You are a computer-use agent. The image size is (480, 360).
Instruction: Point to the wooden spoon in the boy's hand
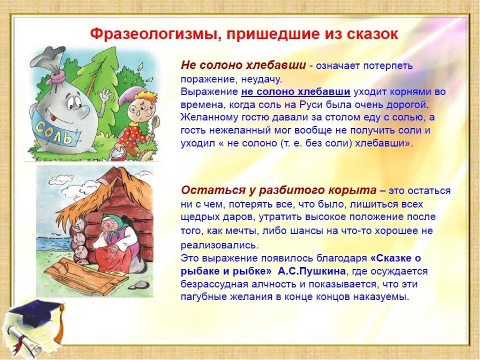click(155, 124)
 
